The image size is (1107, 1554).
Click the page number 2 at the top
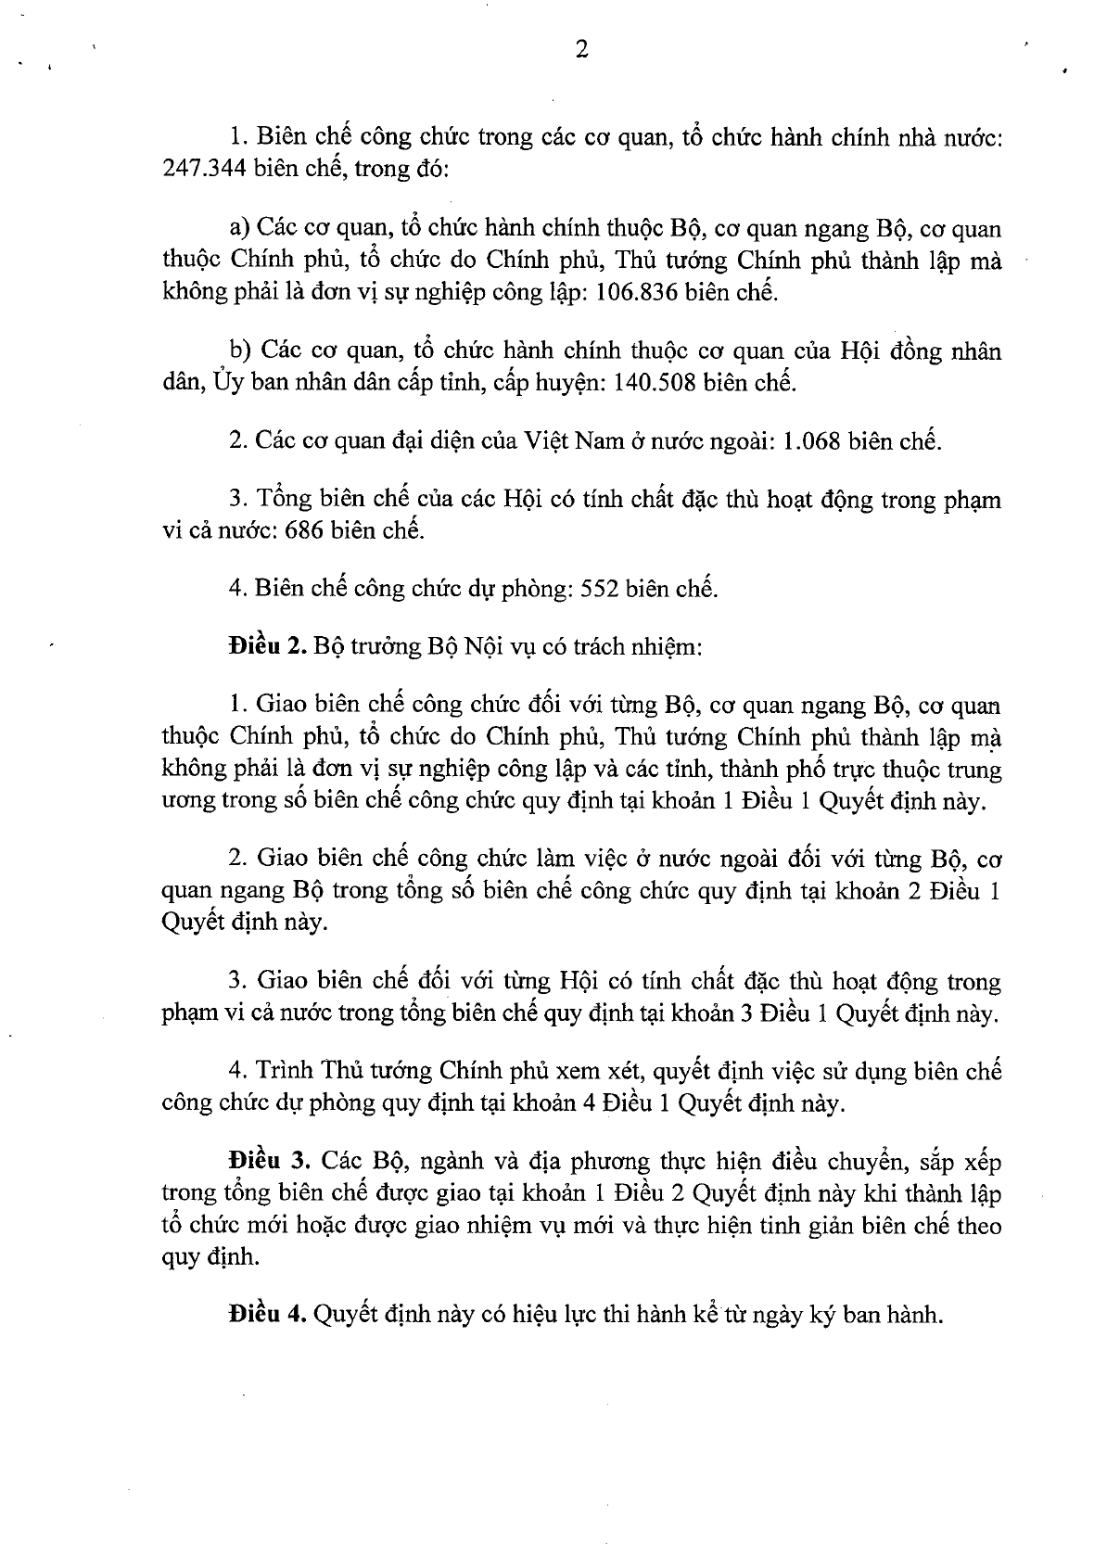pos(581,50)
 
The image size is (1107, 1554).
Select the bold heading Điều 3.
pos(270,1162)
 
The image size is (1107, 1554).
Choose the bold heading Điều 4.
pos(268,1313)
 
